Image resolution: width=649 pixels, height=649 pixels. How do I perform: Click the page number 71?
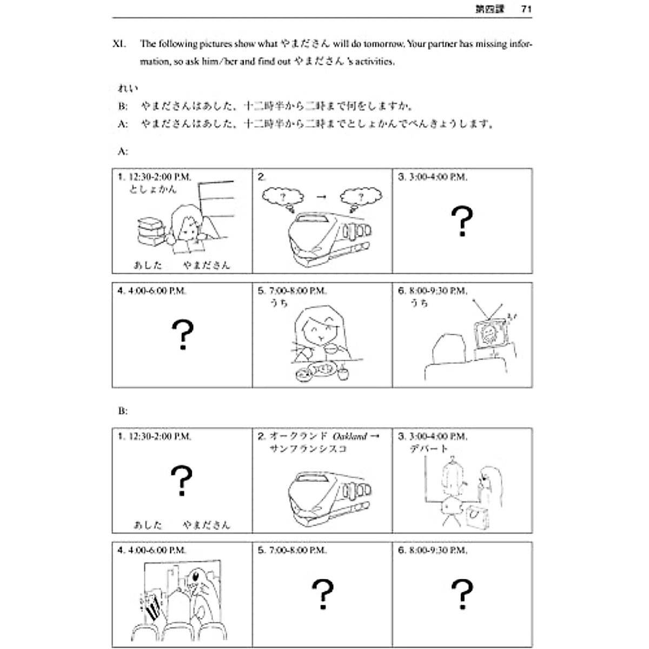pyautogui.click(x=526, y=9)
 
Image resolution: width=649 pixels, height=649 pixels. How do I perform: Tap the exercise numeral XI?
pyautogui.click(x=119, y=44)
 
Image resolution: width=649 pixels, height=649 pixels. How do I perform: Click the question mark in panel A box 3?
pyautogui.click(x=462, y=222)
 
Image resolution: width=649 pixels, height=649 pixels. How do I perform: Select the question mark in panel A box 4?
pyautogui.click(x=182, y=334)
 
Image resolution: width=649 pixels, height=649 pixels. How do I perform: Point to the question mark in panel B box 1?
pyautogui.click(x=182, y=481)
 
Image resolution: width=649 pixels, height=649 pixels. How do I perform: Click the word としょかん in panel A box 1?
pyautogui.click(x=153, y=190)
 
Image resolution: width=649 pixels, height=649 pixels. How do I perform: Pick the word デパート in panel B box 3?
pyautogui.click(x=429, y=449)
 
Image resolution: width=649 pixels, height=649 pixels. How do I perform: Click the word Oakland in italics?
pyautogui.click(x=350, y=436)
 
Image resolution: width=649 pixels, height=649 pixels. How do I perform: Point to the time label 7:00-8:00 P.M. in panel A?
pyautogui.click(x=297, y=291)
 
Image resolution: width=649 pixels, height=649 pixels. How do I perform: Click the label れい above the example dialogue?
pyautogui.click(x=128, y=88)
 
